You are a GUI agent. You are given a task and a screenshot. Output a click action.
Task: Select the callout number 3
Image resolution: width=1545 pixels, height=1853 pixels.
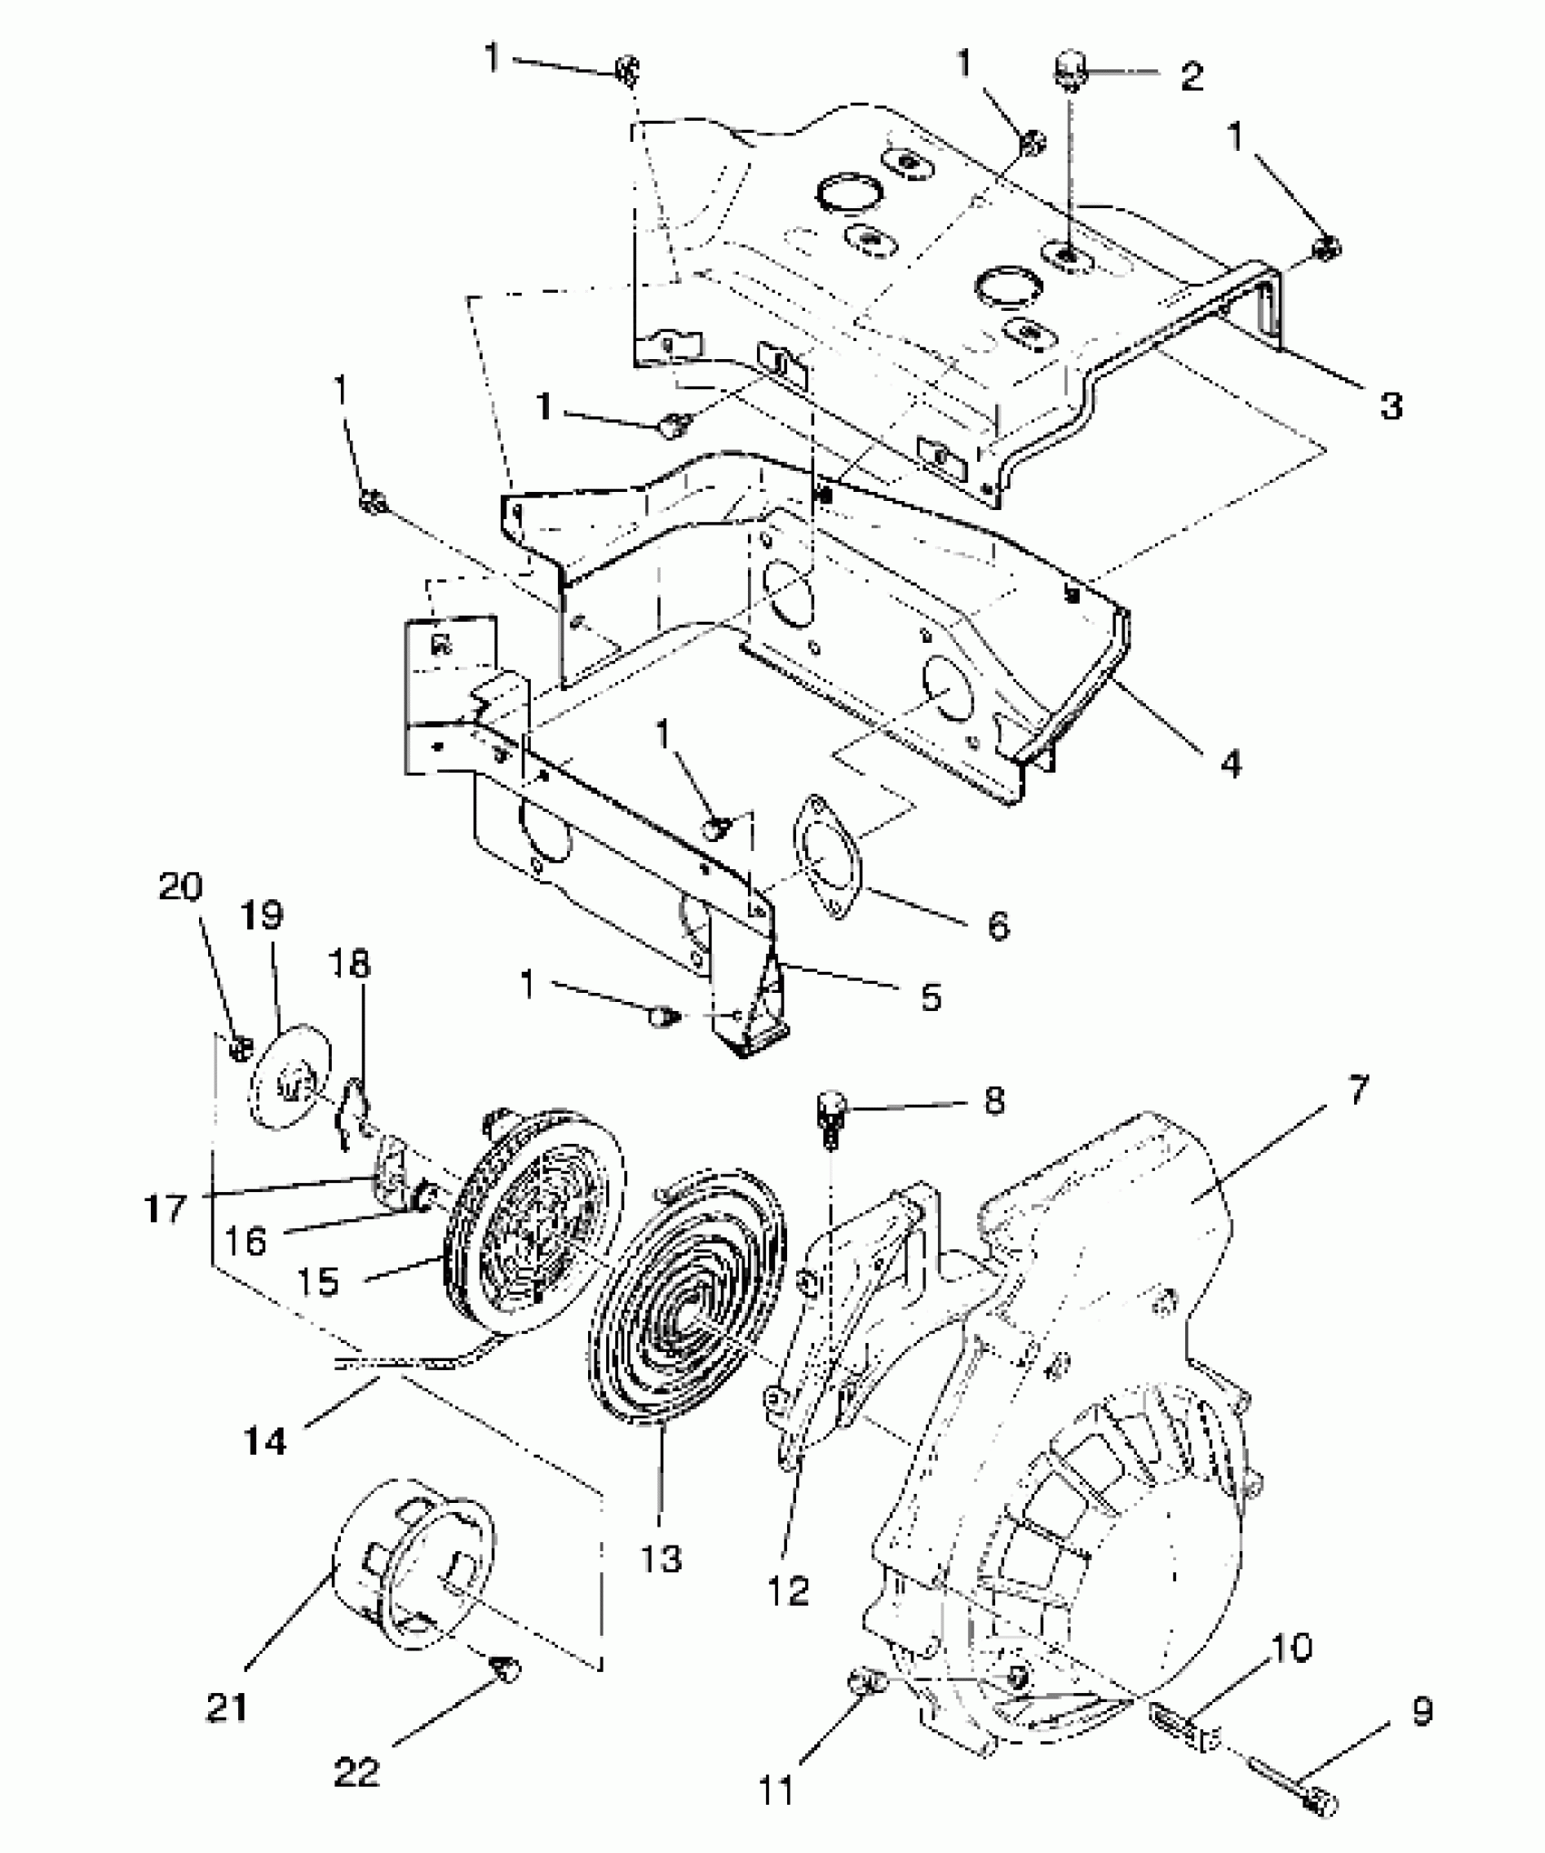[x=1390, y=405]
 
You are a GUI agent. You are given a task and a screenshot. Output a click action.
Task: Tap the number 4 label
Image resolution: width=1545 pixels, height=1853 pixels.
[x=1231, y=764]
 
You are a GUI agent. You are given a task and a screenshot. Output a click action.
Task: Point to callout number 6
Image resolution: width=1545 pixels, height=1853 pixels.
[x=998, y=926]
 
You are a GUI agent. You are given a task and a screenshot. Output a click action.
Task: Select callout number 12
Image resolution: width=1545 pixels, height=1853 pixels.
[x=788, y=1590]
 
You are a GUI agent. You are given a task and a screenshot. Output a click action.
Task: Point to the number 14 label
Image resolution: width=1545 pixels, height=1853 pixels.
[x=265, y=1440]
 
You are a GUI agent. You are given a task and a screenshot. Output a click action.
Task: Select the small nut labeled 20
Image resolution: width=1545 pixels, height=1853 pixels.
[x=240, y=1048]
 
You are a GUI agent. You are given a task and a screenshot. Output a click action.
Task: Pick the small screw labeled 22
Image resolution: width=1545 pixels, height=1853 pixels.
[x=503, y=1668]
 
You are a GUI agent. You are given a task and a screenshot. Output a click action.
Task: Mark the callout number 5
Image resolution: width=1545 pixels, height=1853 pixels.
[x=930, y=997]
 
